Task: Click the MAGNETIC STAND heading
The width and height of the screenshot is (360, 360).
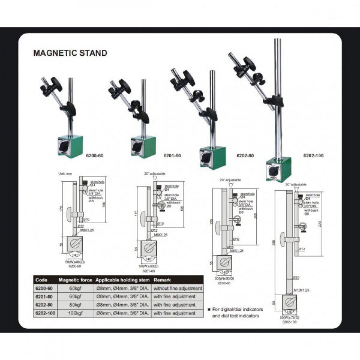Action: point(70,53)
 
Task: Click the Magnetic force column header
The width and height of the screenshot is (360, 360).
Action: point(75,280)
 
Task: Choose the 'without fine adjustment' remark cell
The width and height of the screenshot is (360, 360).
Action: point(177,288)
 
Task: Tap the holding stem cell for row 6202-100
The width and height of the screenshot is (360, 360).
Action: point(122,313)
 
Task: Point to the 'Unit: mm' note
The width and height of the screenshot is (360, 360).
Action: point(65,174)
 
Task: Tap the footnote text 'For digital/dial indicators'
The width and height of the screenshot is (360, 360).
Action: point(238,309)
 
